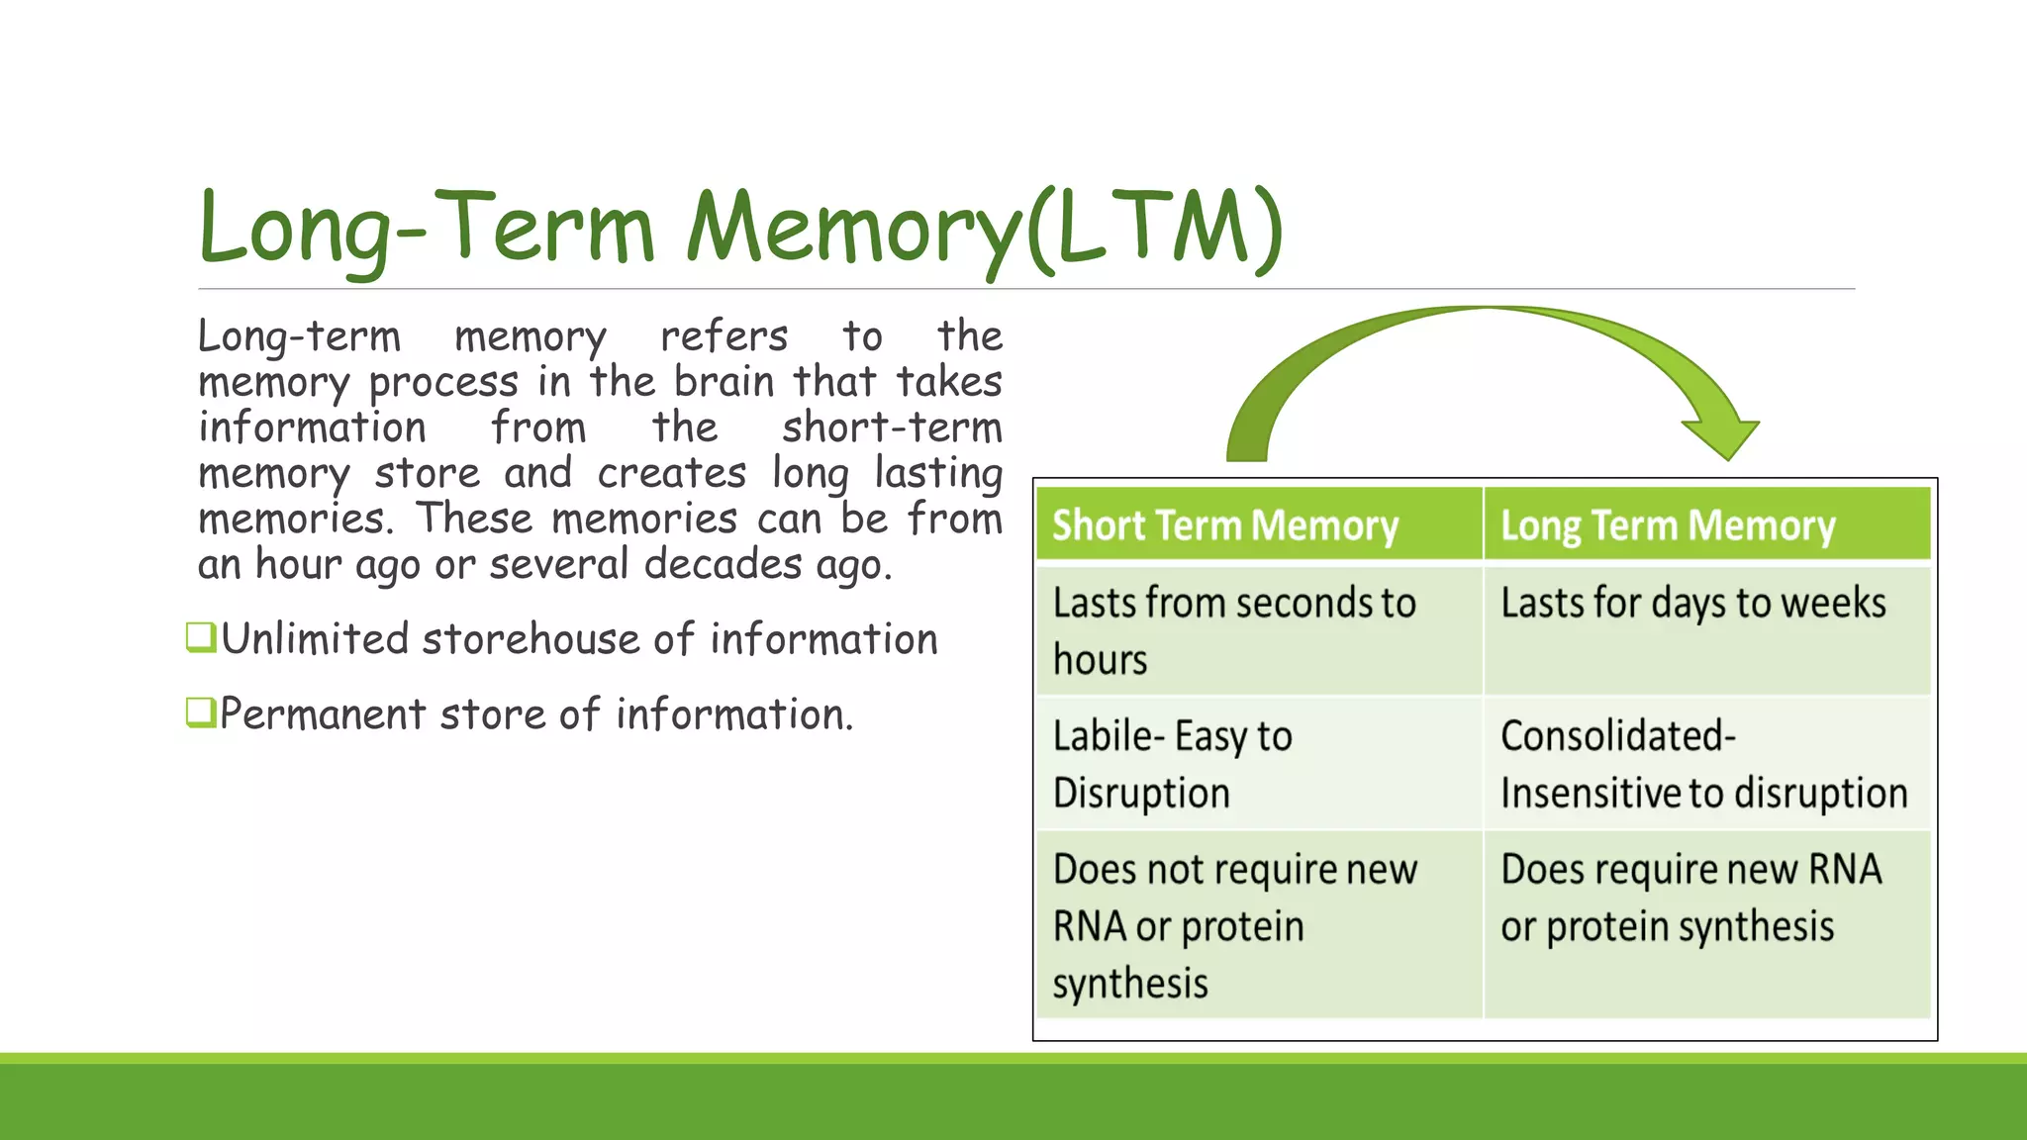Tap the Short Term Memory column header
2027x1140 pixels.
click(1225, 524)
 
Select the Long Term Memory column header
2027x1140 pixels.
click(1668, 524)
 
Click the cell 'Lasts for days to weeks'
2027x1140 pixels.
click(1693, 604)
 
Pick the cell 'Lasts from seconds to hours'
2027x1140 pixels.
click(1234, 630)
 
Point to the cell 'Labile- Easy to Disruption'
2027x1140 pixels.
click(1173, 764)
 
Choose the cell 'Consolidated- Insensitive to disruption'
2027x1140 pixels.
click(1703, 764)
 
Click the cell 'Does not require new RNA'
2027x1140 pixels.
click(1234, 925)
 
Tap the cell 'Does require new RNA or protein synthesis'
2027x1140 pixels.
click(1690, 898)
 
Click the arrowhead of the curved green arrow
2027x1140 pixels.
click(1722, 435)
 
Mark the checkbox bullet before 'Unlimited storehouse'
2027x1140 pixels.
click(201, 637)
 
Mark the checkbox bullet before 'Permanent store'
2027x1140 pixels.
click(201, 712)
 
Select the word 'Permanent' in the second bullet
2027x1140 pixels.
click(323, 714)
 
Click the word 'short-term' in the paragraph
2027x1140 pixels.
click(892, 427)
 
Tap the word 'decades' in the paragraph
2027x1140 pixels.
click(724, 564)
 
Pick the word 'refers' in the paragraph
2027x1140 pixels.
click(724, 336)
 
